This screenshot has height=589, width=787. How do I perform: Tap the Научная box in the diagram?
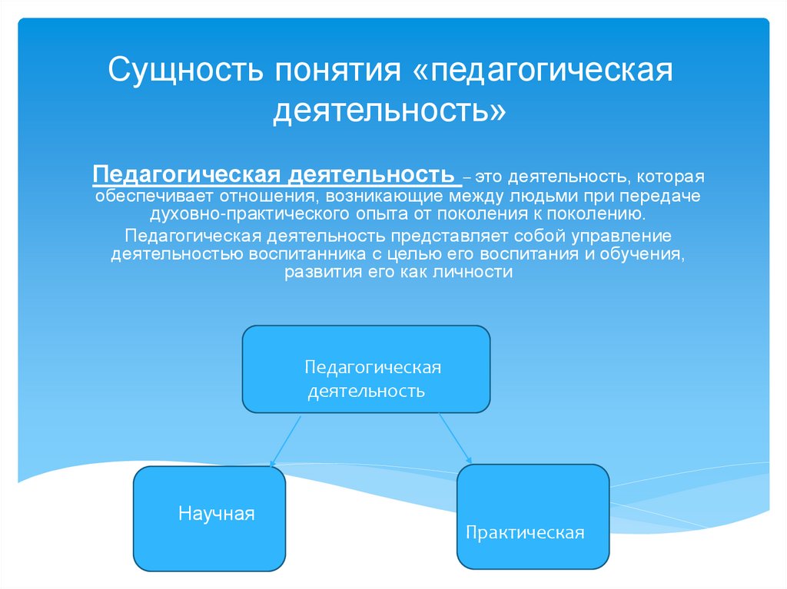(x=209, y=518)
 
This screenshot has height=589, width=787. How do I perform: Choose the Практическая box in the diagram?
(x=533, y=516)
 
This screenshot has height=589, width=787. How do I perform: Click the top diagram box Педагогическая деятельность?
(x=366, y=369)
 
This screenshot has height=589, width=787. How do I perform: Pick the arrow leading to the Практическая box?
(x=456, y=438)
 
